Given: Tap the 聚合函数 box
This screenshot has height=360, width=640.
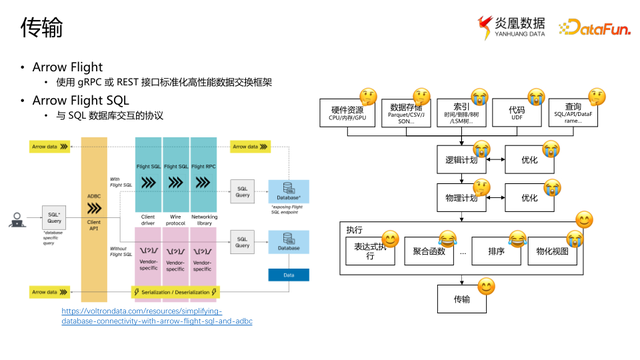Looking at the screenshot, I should tap(428, 252).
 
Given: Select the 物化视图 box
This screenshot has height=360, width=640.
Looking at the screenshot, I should tap(552, 252).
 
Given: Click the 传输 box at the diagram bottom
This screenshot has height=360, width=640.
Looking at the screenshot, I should tap(461, 298).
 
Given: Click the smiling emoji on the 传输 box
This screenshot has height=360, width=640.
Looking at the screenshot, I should tap(486, 287).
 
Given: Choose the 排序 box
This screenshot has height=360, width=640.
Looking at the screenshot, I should tap(496, 252).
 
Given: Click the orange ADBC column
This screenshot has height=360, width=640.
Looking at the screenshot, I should tap(94, 220).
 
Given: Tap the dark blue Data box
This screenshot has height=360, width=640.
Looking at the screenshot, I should tap(288, 274).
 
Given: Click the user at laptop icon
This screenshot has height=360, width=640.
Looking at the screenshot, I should tap(17, 219).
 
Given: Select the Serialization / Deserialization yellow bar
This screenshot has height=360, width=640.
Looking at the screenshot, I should tap(176, 292).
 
